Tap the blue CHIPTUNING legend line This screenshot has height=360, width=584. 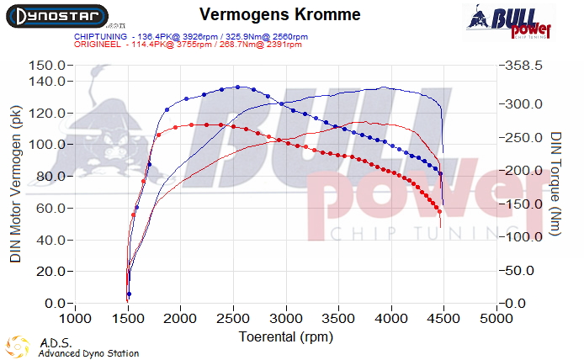pyautogui.click(x=189, y=37)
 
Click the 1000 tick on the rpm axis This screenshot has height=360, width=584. pyautogui.click(x=76, y=320)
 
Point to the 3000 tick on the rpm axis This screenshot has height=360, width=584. pyautogui.click(x=286, y=320)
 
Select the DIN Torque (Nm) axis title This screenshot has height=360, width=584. pyautogui.click(x=556, y=183)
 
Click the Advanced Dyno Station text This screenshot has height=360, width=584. pyautogui.click(x=88, y=354)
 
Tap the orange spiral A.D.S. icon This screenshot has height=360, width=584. pyautogui.click(x=17, y=347)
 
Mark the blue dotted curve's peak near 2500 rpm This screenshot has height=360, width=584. pyautogui.click(x=238, y=87)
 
